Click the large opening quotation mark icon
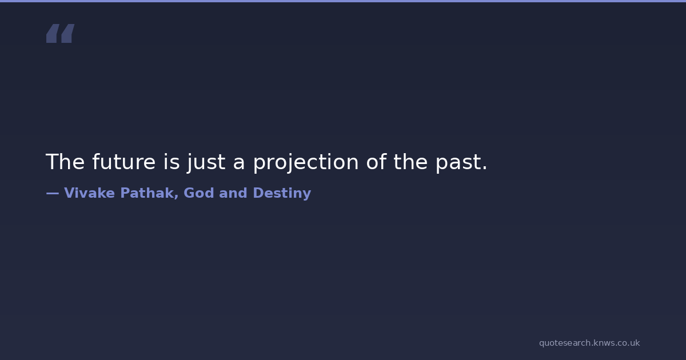pyautogui.click(x=61, y=33)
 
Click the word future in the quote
pyautogui.click(x=123, y=162)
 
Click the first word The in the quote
pyautogui.click(x=65, y=162)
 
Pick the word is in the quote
pyautogui.click(x=171, y=162)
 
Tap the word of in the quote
pyautogui.click(x=376, y=162)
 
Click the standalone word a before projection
pyautogui.click(x=239, y=164)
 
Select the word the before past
pyautogui.click(x=410, y=162)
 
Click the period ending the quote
pyautogui.click(x=484, y=168)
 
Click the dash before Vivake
pyautogui.click(x=53, y=193)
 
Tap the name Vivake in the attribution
pyautogui.click(x=89, y=193)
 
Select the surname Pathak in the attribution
pyautogui.click(x=147, y=193)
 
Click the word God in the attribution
pyautogui.click(x=198, y=193)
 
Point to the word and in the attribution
pyautogui.click(x=233, y=193)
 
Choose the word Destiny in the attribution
pyautogui.click(x=282, y=194)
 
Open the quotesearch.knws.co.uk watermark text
pyautogui.click(x=589, y=343)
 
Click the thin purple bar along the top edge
pyautogui.click(x=343, y=1)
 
